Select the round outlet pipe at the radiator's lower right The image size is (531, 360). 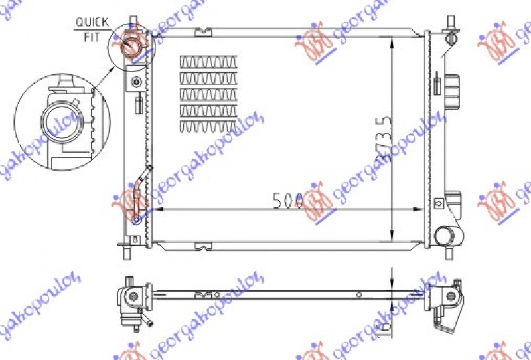click(x=445, y=235)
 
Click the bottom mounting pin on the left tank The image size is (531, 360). click(x=127, y=252)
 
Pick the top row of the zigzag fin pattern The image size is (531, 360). click(x=208, y=62)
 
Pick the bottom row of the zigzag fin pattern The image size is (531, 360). click(x=208, y=126)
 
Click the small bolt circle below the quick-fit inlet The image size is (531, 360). click(x=137, y=82)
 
